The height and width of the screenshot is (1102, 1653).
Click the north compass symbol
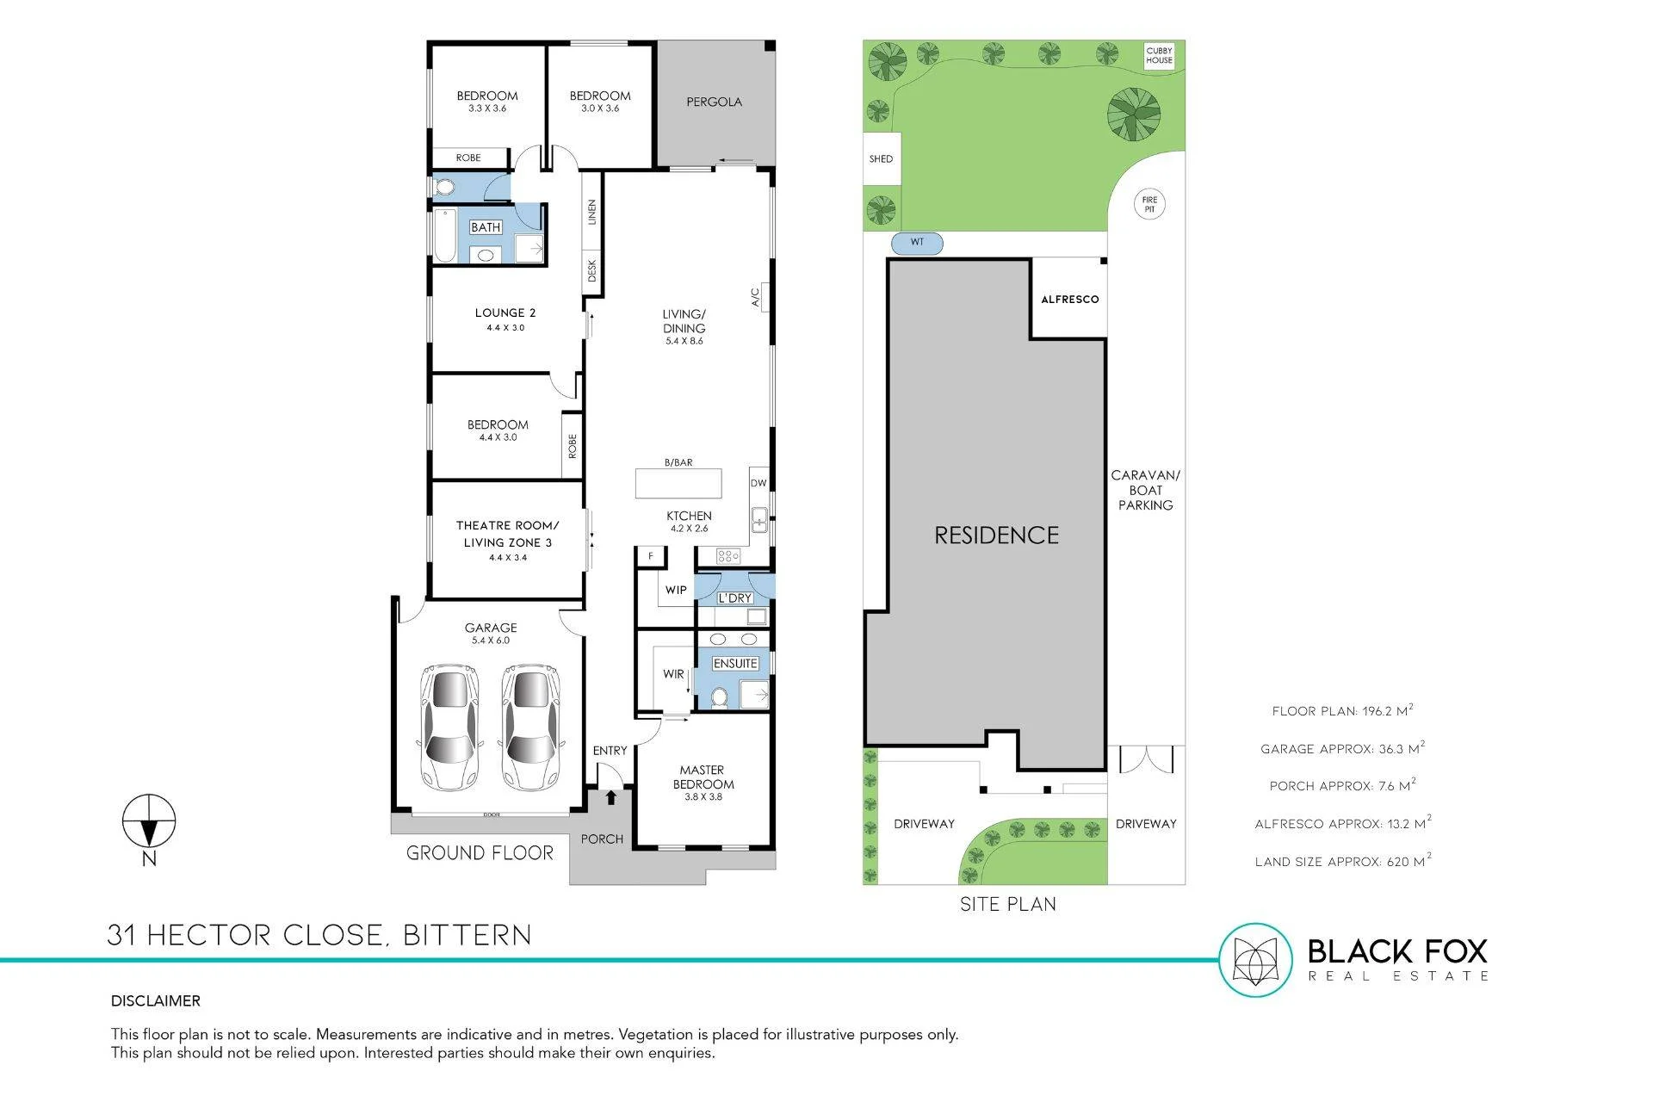pos(149,820)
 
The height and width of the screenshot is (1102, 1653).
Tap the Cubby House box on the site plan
pos(1159,56)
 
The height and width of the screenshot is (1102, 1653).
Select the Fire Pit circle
pos(1149,204)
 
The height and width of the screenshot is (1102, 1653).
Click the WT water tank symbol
pos(917,243)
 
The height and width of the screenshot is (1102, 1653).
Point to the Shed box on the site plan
pos(882,158)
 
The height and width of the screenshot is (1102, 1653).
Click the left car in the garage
pos(449,727)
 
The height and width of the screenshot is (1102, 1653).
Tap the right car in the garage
pos(530,727)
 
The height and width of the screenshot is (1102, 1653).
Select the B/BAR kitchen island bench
pos(678,483)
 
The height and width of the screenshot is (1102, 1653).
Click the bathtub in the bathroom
pos(444,235)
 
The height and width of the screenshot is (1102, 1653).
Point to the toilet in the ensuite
pos(721,696)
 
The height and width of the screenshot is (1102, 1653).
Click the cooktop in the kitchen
pos(728,556)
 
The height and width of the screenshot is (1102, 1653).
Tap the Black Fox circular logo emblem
pos(1255,960)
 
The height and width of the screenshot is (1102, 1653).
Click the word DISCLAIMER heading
pos(156,1000)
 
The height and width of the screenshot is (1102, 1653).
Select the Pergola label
pos(715,102)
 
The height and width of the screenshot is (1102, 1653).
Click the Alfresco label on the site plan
pos(1070,300)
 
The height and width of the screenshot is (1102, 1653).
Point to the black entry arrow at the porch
pos(610,797)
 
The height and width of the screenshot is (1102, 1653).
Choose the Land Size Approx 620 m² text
pos(1343,860)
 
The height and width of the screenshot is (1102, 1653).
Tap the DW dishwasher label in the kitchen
pos(758,483)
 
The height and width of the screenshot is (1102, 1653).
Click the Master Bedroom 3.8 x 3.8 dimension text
pos(703,797)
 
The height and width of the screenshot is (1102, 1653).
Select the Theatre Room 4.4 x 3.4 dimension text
pos(508,558)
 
